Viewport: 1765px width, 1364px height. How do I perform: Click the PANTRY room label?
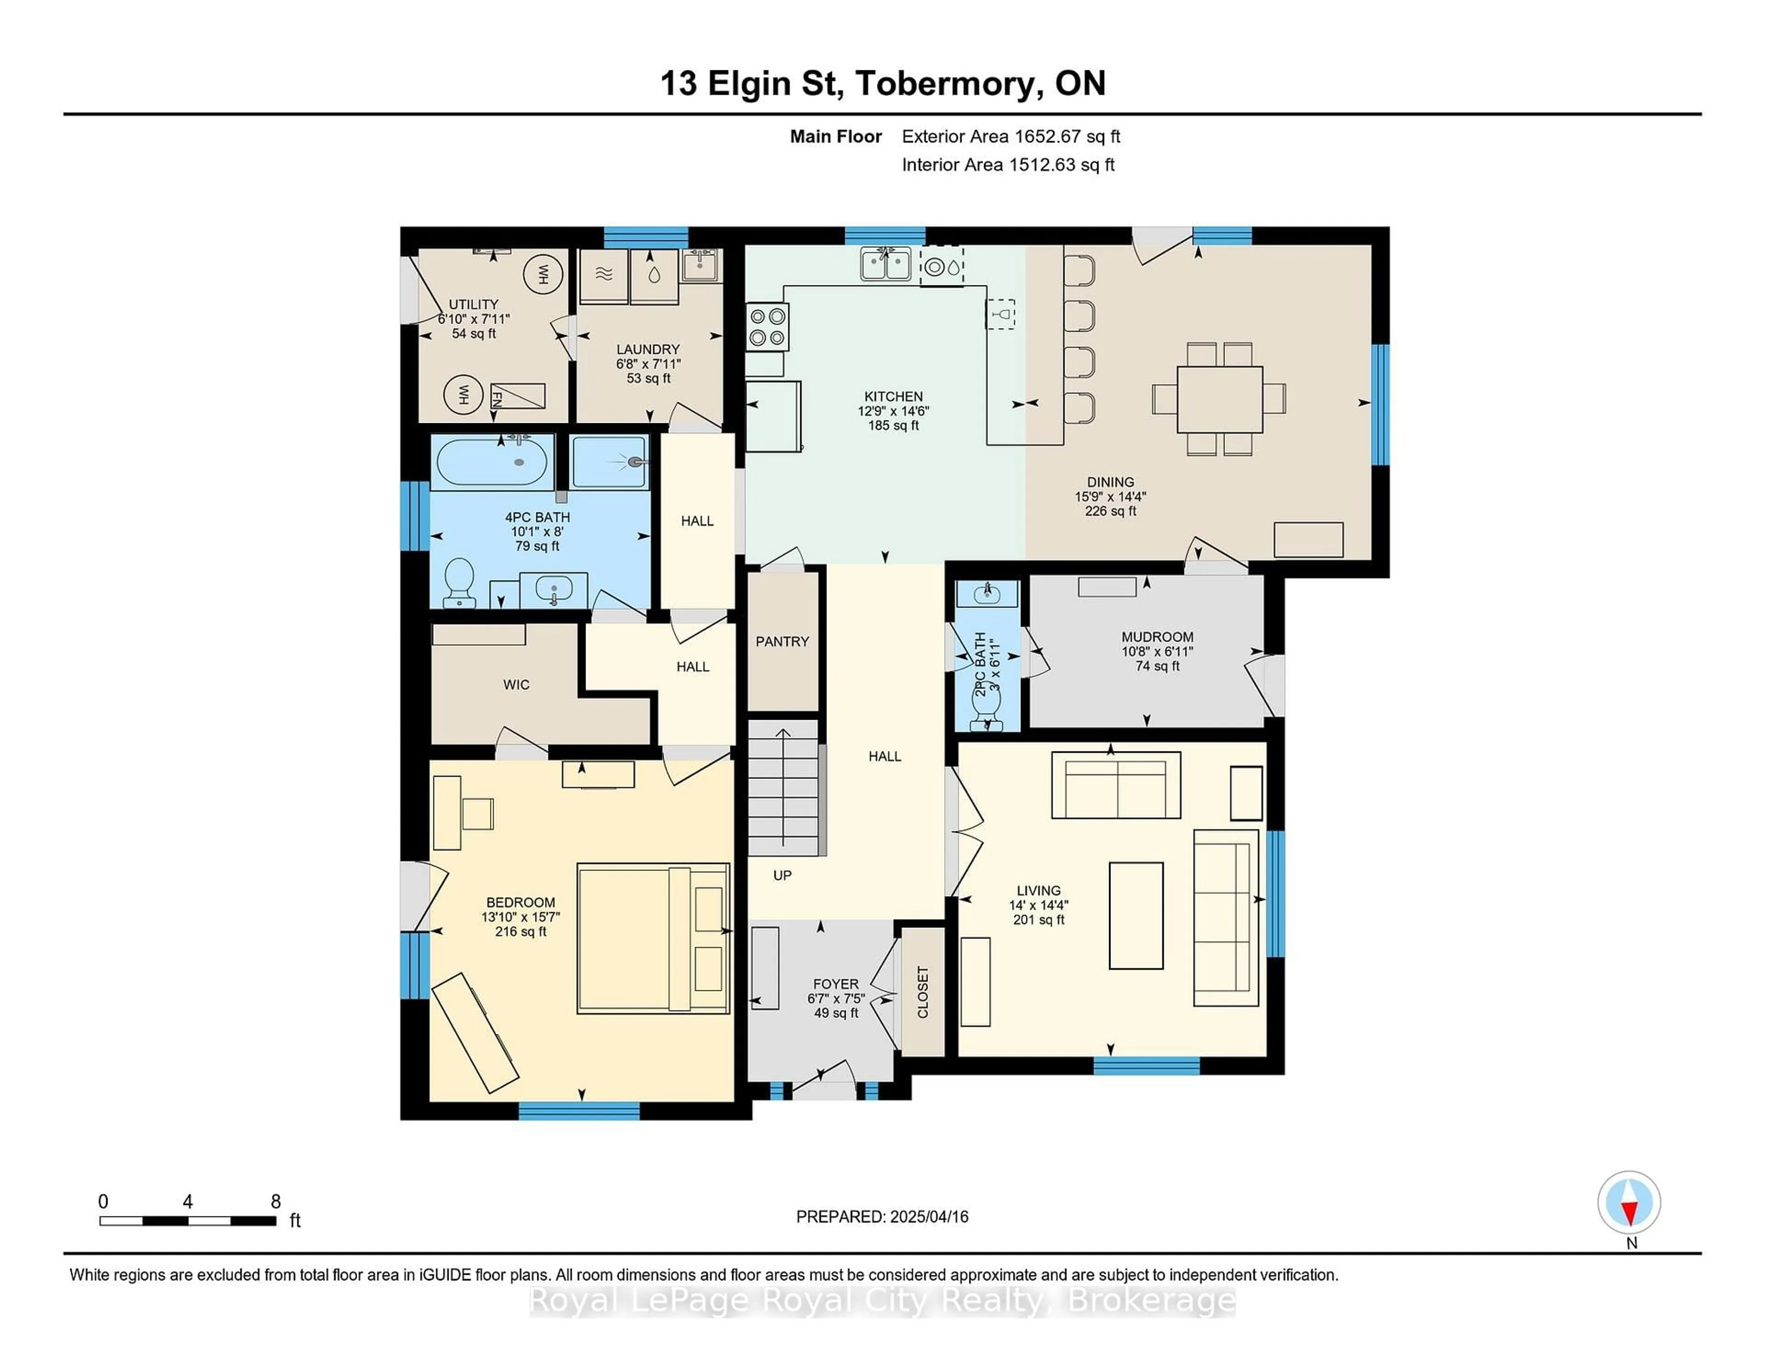tap(781, 642)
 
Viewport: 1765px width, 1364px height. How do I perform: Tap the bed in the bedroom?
tap(653, 938)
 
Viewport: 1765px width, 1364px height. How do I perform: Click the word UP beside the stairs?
tap(781, 875)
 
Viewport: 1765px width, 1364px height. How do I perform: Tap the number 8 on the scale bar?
tap(276, 1202)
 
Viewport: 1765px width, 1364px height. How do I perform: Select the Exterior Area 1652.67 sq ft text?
tap(1010, 136)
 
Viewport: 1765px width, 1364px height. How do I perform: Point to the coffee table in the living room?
tap(1135, 915)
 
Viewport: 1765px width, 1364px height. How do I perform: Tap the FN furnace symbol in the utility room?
tap(496, 397)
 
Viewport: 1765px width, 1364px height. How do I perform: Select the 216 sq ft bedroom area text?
tap(520, 932)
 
